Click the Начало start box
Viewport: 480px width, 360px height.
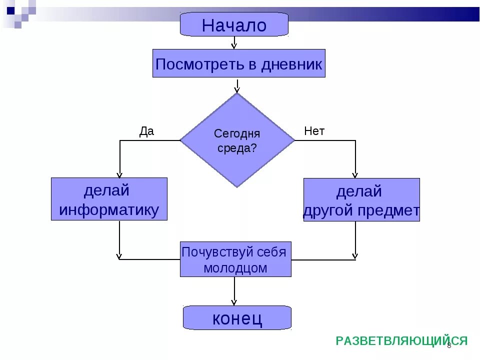click(x=234, y=24)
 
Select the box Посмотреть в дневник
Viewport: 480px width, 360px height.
click(x=238, y=63)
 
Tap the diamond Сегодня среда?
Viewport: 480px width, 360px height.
click(x=237, y=140)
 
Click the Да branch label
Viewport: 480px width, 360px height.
click(x=146, y=131)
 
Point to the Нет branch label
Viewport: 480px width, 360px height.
click(x=314, y=131)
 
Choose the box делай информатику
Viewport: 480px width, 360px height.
click(x=109, y=199)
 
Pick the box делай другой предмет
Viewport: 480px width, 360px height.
click(x=361, y=200)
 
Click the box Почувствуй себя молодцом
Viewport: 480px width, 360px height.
click(x=235, y=259)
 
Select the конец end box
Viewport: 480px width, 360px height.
click(x=237, y=318)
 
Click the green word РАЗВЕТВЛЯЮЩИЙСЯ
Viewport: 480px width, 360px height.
click(x=401, y=341)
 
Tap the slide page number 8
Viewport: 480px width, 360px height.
click(x=449, y=345)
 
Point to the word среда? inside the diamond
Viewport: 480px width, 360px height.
click(x=237, y=148)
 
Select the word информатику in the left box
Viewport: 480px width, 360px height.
click(x=109, y=209)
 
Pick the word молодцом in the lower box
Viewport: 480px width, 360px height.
click(x=235, y=268)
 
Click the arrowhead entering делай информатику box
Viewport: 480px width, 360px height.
click(x=119, y=175)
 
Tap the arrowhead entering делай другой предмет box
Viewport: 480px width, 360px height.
click(x=355, y=175)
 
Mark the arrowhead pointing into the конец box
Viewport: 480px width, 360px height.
click(x=233, y=302)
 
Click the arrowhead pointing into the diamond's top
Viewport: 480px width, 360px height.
click(x=237, y=90)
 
